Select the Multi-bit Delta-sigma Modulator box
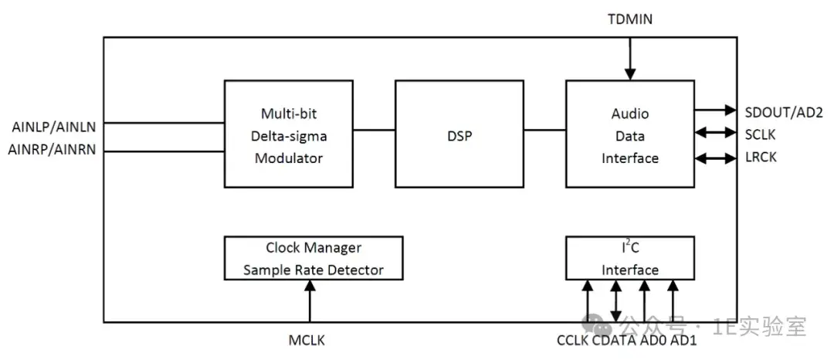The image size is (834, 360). click(x=287, y=134)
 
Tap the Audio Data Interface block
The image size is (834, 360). click(x=630, y=134)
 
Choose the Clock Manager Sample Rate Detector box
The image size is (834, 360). click(x=313, y=258)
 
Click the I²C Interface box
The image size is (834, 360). click(x=630, y=258)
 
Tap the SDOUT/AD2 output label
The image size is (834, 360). click(x=783, y=113)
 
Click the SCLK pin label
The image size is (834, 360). click(x=761, y=134)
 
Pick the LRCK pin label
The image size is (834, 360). click(x=761, y=157)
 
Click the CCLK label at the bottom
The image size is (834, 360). click(x=572, y=340)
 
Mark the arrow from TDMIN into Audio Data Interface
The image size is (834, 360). click(x=630, y=58)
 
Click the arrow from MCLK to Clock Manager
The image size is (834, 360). click(x=310, y=301)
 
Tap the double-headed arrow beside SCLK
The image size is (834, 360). click(x=714, y=134)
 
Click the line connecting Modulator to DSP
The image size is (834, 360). click(x=373, y=129)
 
